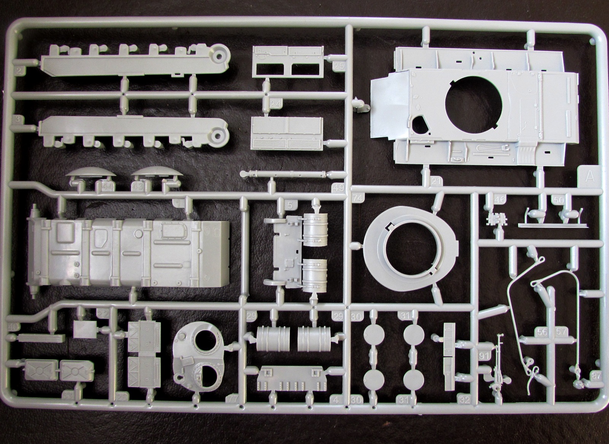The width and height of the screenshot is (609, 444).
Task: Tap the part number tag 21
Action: pyautogui.click(x=437, y=182)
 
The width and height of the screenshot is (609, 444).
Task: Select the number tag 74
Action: pyautogui.click(x=357, y=198)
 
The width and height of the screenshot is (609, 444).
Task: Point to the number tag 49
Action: pyautogui.click(x=338, y=188)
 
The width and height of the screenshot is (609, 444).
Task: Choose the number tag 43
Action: pyautogui.click(x=139, y=186)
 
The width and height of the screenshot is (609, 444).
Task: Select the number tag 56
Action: pyautogui.click(x=543, y=332)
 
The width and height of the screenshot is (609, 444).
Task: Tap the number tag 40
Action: pyautogui.click(x=13, y=326)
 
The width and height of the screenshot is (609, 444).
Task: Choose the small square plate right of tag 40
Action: pyautogui.click(x=84, y=329)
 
